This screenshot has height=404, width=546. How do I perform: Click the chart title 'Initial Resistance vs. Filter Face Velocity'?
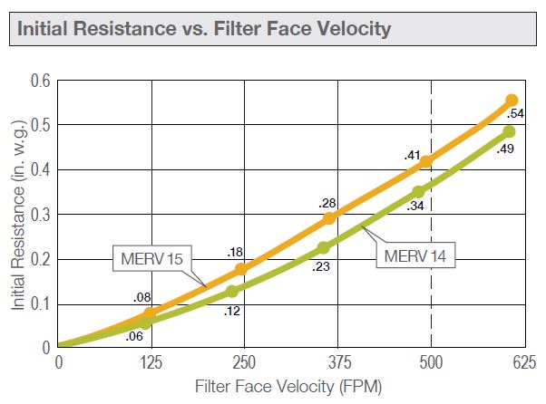[203, 29]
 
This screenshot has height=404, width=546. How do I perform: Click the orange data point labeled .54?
[512, 101]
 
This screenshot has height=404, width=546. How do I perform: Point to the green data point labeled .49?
[509, 132]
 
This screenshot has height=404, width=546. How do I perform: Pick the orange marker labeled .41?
[425, 161]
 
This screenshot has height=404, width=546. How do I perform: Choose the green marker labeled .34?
[418, 192]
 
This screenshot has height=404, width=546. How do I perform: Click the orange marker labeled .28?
[329, 218]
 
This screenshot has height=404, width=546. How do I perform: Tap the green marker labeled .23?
[323, 248]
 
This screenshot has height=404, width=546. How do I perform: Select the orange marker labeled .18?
[240, 269]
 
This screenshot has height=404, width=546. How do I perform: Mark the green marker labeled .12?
[232, 291]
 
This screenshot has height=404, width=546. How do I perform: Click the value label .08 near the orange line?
[141, 297]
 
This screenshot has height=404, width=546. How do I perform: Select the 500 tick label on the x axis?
[431, 364]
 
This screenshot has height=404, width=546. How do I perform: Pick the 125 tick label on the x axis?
[151, 364]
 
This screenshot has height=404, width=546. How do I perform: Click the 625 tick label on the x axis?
[523, 364]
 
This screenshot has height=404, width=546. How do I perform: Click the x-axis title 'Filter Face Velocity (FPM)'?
[289, 387]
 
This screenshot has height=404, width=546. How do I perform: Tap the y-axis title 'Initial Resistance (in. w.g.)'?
[17, 214]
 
